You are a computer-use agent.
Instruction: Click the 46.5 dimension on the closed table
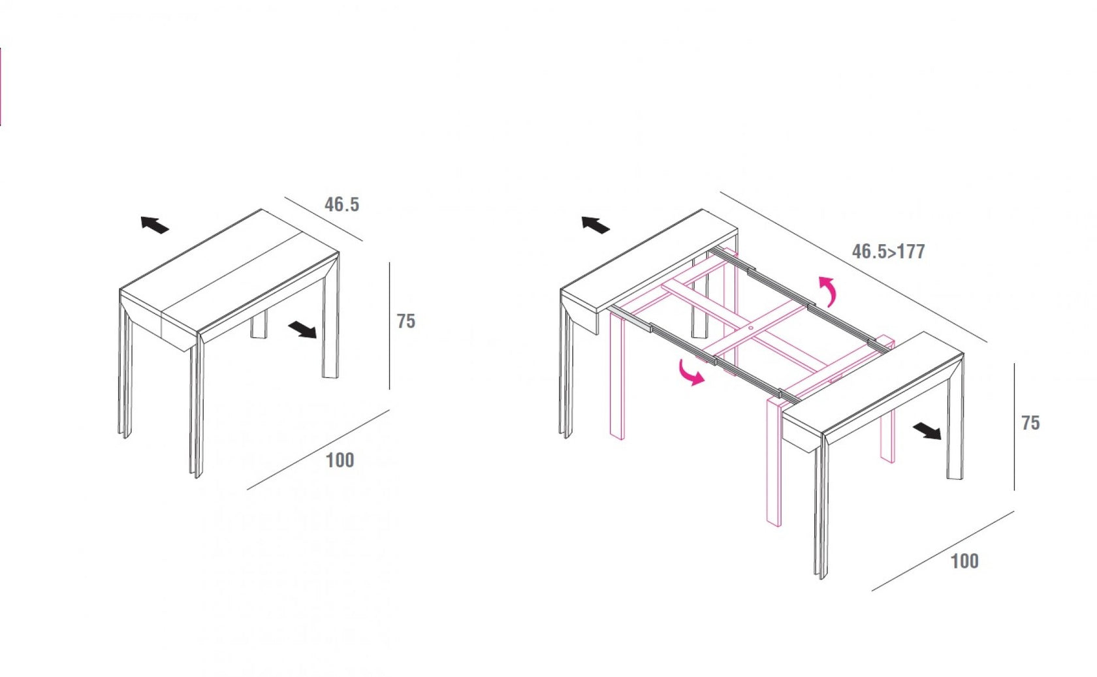342,204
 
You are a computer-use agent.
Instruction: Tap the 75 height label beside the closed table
405,321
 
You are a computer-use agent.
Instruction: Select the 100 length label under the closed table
340,460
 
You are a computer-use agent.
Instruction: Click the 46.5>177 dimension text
888,251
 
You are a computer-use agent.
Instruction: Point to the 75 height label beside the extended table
1030,423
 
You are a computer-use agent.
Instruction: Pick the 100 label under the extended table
964,561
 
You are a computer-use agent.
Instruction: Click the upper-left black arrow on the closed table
155,225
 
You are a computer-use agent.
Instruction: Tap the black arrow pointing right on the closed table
302,329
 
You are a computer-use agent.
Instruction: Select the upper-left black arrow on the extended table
596,225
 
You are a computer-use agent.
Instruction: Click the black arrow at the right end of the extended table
927,431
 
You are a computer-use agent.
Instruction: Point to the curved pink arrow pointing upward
829,290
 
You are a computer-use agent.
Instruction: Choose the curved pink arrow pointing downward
690,373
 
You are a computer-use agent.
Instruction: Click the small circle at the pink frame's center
751,328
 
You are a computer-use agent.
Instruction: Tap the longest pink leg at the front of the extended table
774,464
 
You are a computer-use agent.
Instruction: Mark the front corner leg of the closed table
197,405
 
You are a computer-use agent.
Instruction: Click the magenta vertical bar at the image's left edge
1,86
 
